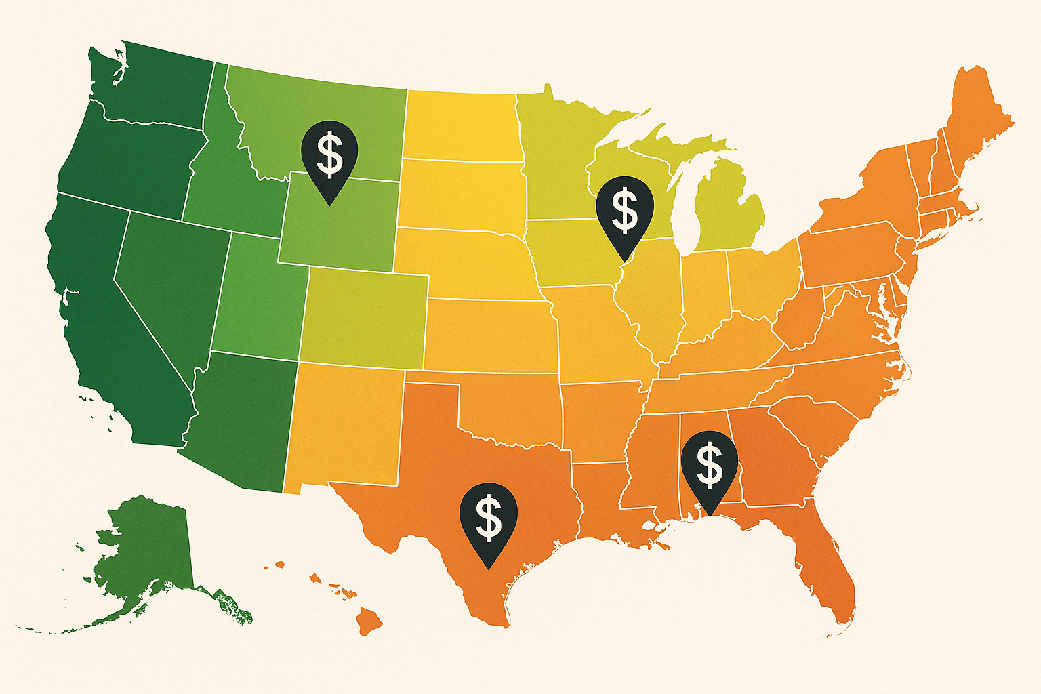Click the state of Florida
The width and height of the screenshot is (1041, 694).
click(823, 563)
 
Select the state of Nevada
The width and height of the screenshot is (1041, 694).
click(169, 285)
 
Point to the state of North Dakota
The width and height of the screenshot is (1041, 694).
click(461, 125)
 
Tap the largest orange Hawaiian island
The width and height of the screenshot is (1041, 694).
click(370, 619)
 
